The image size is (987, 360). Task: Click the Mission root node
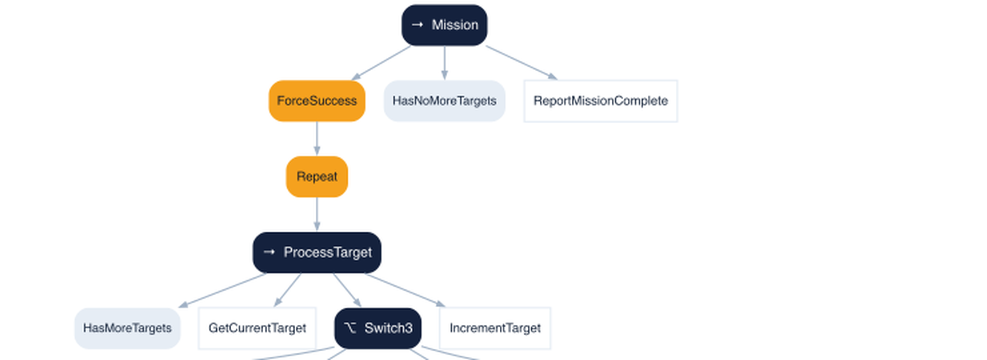pos(444,25)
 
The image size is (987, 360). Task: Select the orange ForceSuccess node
pos(317,101)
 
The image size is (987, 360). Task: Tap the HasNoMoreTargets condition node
pos(444,101)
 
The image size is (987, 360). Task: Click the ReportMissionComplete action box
pos(601,101)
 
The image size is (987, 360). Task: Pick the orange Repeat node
pos(317,176)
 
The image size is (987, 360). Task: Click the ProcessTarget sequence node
pos(317,252)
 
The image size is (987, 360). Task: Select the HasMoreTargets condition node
pos(127,328)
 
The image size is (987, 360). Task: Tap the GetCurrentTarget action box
pos(257,328)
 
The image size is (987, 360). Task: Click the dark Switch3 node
pos(378,328)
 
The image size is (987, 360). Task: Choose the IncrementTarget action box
pos(495,328)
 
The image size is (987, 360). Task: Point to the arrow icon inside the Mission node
pos(417,25)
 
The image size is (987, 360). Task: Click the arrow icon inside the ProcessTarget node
pos(269,252)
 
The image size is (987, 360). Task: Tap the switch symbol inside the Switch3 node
pos(350,328)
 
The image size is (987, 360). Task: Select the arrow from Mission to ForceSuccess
pos(381,63)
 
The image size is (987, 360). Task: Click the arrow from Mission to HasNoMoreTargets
pos(444,63)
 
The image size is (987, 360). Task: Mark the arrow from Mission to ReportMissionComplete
pos(522,63)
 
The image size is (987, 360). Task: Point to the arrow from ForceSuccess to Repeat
pos(317,138)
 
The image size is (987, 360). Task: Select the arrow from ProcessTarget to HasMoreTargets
pos(222,290)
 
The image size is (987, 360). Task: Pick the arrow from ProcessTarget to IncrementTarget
pos(405,290)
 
